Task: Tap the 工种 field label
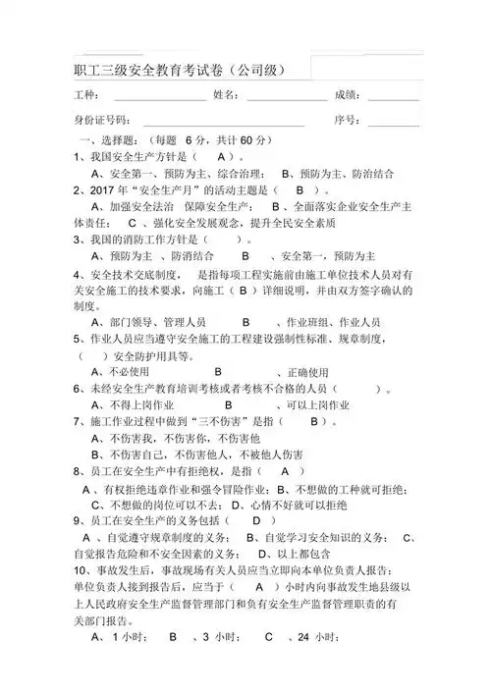tap(86, 95)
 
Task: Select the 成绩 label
tap(349, 95)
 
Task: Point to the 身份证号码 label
tap(103, 120)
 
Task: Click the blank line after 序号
tap(393, 121)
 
